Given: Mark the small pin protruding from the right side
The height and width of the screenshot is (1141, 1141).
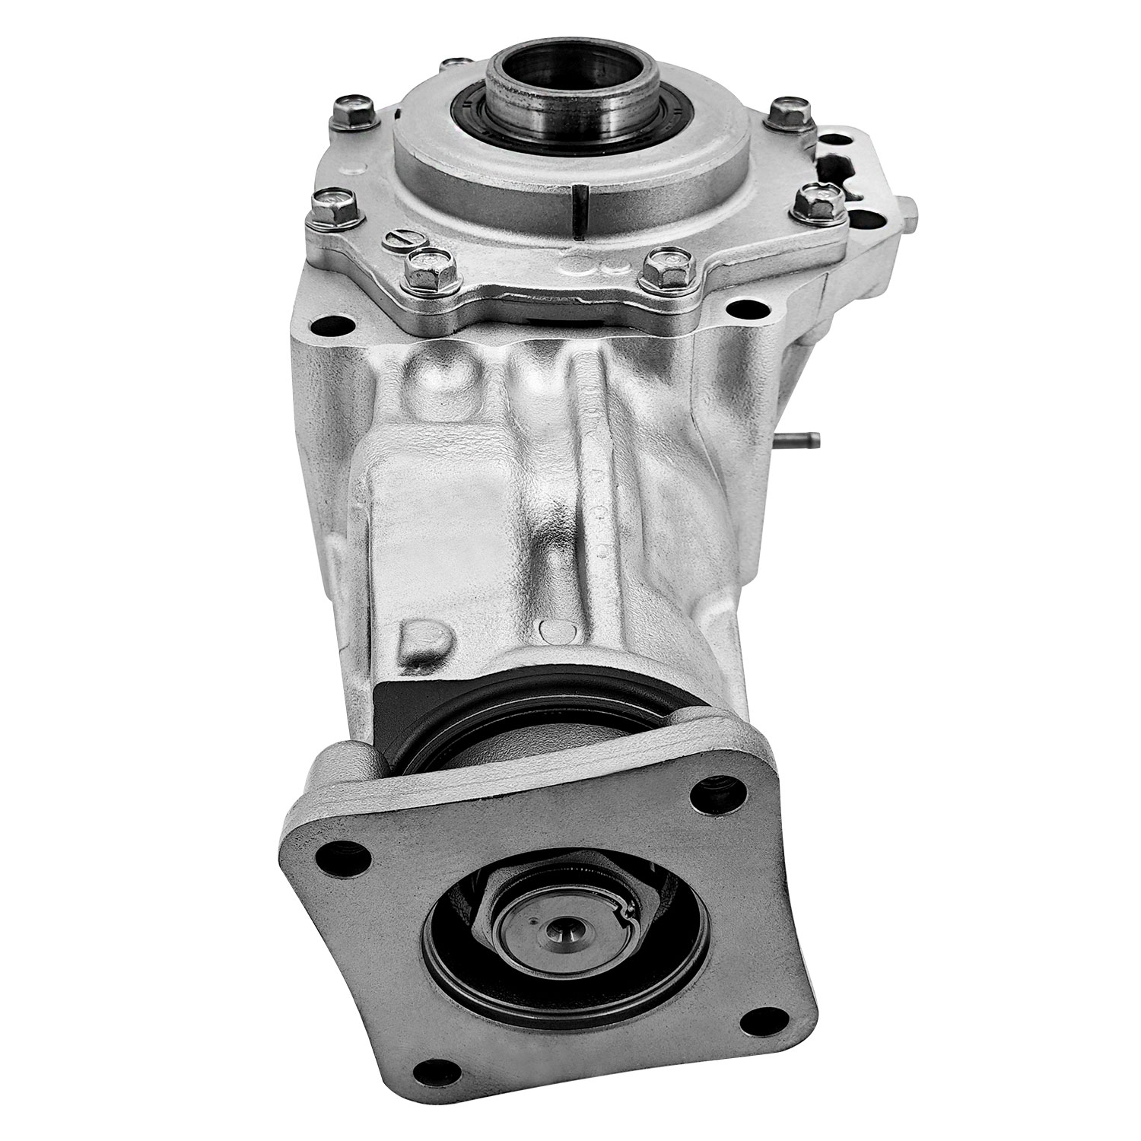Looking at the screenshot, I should (x=806, y=439).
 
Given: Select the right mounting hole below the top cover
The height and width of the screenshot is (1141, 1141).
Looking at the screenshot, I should (x=736, y=309).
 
